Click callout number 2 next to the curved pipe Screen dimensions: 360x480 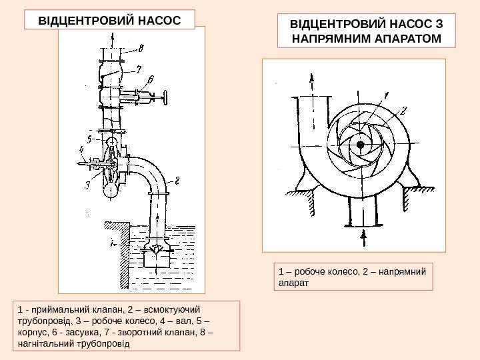(177, 179)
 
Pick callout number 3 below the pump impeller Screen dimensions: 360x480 (87, 185)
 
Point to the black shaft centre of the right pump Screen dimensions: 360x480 (360, 144)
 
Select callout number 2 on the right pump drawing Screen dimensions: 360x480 (403, 110)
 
